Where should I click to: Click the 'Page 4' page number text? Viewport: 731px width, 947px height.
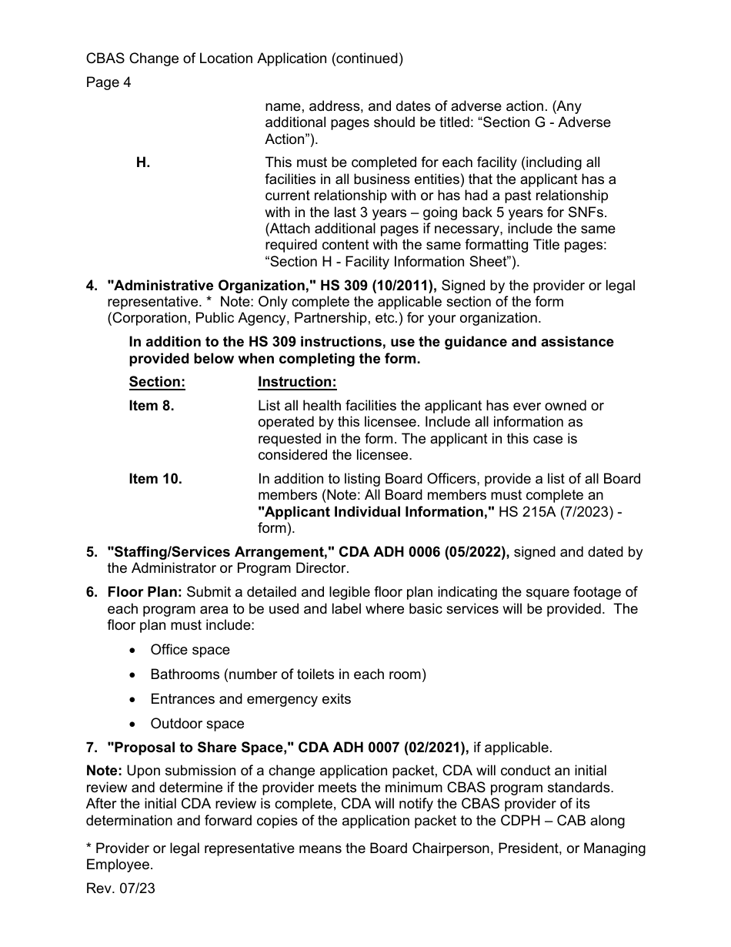(108, 82)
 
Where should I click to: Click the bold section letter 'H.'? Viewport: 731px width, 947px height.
(143, 162)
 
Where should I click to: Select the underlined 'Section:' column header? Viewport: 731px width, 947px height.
(157, 382)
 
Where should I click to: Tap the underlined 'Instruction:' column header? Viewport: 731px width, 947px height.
(297, 382)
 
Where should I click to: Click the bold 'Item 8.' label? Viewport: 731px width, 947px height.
(152, 406)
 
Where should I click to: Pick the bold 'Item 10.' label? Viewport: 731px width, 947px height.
(155, 479)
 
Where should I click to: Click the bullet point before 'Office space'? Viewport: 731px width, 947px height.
(134, 651)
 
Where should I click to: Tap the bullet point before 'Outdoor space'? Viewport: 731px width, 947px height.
(134, 724)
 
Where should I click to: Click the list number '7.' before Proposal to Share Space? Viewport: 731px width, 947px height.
(92, 748)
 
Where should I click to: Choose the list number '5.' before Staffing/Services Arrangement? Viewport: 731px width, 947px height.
(92, 552)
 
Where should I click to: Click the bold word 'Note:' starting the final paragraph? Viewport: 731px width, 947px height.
(104, 771)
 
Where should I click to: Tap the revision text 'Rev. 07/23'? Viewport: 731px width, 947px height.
(120, 888)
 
